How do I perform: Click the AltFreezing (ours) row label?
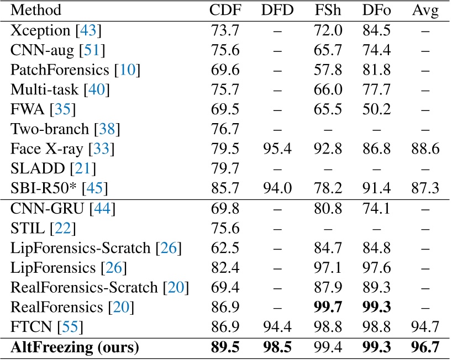point(75,348)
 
